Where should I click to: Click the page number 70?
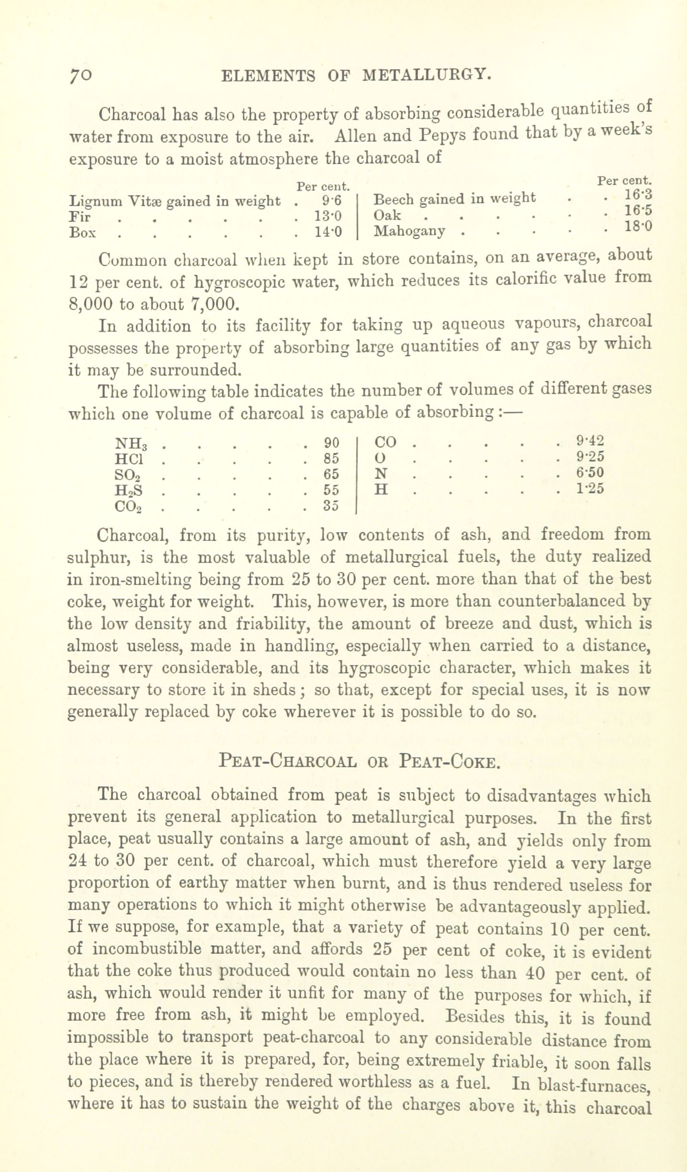click(x=80, y=75)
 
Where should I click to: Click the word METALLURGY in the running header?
click(x=427, y=75)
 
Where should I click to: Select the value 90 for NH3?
click(x=331, y=442)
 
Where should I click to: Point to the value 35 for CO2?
click(x=331, y=506)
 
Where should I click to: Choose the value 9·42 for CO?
click(x=590, y=440)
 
